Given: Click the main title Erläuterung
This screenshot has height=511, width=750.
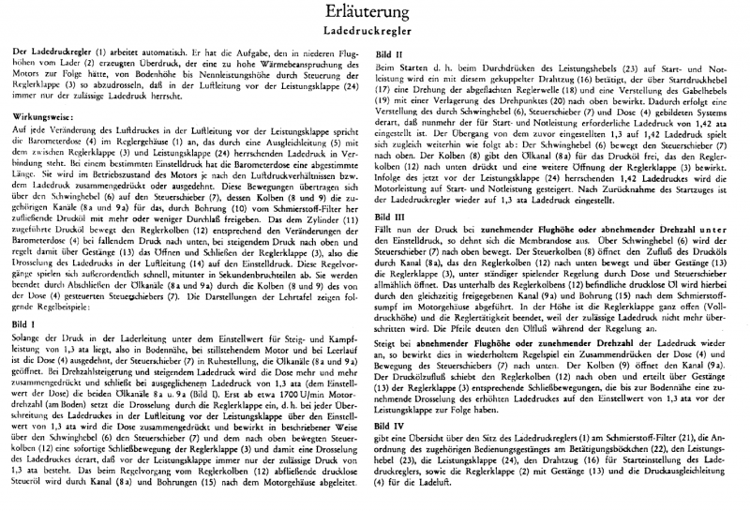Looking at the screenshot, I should click(374, 13).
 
